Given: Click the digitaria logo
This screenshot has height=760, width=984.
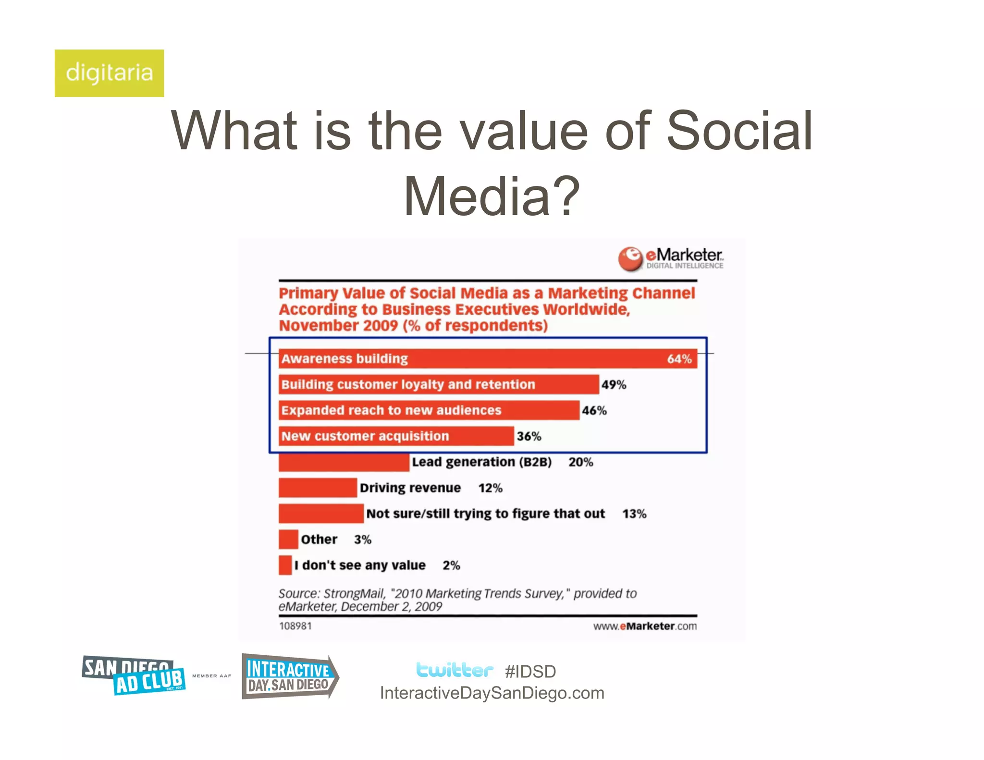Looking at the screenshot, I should (109, 73).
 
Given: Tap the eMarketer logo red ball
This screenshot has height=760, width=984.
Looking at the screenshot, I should (630, 259).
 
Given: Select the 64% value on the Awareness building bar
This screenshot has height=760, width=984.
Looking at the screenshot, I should (679, 359).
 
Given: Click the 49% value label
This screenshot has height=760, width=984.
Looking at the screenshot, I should (614, 385).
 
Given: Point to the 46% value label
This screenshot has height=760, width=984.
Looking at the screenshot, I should (594, 411).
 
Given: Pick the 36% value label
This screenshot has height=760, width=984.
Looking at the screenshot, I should (529, 436).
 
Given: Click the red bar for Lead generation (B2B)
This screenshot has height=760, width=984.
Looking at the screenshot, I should (344, 463).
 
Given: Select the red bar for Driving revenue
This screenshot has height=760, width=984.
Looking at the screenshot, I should (318, 488).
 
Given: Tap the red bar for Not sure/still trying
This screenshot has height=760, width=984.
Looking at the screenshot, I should (321, 514).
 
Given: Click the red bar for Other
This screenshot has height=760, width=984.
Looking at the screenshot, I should (288, 539).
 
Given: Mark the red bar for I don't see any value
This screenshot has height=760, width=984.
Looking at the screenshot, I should (285, 565).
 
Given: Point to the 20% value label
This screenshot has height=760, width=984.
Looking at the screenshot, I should (580, 462).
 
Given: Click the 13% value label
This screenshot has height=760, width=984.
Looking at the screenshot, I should (634, 514).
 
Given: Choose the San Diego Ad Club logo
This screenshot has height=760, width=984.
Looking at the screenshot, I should (134, 675).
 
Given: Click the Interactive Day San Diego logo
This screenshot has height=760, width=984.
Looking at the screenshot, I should (290, 676).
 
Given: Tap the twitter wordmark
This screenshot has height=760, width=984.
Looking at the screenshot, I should (454, 670).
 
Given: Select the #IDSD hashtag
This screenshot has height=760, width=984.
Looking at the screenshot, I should (530, 672).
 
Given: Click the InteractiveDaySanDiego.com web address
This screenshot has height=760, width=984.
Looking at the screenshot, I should (492, 693).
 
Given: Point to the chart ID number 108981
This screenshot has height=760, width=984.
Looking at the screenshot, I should (295, 626).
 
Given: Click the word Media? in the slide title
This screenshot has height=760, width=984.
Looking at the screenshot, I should (492, 196).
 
